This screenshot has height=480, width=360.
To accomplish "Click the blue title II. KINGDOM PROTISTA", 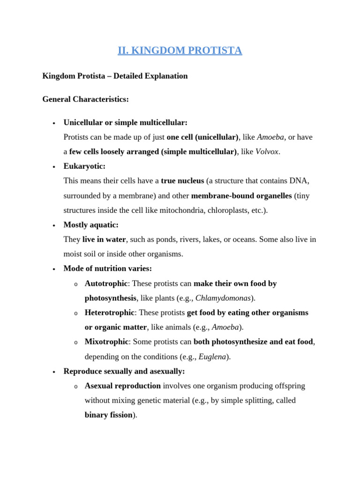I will point(180,51).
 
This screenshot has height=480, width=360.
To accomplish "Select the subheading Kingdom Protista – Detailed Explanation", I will point(115,76).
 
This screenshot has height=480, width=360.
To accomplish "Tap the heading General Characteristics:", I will point(85,99).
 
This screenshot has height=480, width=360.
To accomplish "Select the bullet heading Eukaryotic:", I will point(84,166).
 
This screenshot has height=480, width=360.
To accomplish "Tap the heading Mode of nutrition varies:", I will point(108,269).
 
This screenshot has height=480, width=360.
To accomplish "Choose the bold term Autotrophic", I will point(106,284).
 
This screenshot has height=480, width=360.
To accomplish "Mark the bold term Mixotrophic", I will point(106,342).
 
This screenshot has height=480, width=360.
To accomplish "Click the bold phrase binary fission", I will point(108,415).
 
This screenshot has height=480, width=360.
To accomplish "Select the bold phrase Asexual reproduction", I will point(122,386).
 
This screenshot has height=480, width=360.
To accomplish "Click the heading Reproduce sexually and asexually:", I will point(124,371).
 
